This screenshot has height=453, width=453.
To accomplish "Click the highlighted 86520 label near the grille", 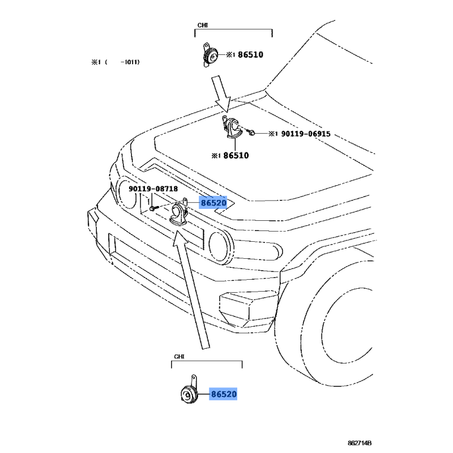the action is tap(213, 203).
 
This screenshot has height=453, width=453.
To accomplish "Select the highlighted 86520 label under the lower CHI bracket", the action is tap(223, 394).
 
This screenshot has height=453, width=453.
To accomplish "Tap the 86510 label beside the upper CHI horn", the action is tap(250, 54).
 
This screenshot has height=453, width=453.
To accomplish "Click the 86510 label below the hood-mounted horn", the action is tap(236, 155).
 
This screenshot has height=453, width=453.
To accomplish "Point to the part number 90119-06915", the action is tap(306, 134).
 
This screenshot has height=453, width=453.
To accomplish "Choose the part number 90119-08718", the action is tap(153, 189).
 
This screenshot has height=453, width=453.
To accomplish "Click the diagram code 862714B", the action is tap(360, 443).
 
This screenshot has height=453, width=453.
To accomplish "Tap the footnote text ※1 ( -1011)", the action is tap(116, 62).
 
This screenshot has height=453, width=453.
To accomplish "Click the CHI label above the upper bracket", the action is tap(202, 25).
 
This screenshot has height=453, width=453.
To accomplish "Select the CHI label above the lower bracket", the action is tap(179, 357).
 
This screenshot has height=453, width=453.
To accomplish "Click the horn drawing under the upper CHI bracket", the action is tap(210, 55).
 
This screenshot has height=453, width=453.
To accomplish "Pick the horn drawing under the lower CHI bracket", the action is tap(189, 391).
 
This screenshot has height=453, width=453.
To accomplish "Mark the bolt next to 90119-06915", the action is tap(251, 133).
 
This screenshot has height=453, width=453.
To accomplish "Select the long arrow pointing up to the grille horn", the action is tap(191, 289).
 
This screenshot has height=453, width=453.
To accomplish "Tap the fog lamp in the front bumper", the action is tap(248, 309).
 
